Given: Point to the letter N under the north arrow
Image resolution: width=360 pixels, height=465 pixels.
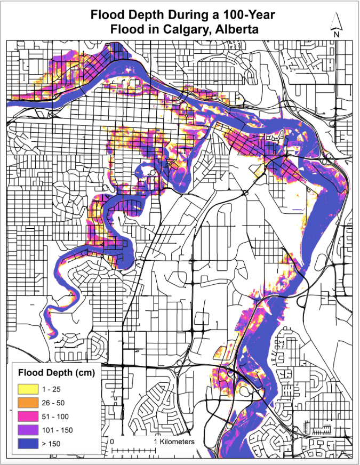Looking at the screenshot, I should pyautogui.click(x=337, y=34).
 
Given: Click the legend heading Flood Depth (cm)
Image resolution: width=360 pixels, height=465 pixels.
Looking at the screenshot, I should pyautogui.click(x=57, y=372).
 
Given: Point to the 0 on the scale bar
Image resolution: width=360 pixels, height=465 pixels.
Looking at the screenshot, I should pyautogui.click(x=113, y=442).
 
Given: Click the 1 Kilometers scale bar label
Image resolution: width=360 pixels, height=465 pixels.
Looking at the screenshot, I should pyautogui.click(x=174, y=442).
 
